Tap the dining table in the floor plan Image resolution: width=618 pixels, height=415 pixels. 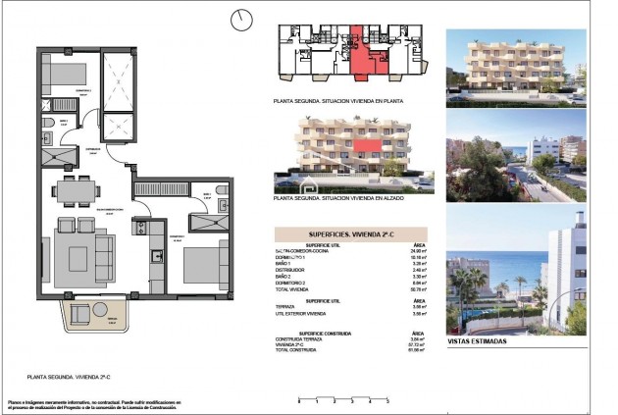coord(76,189)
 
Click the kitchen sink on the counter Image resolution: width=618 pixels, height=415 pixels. coord(156,256)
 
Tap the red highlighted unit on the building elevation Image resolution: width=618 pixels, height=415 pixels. coord(368,146)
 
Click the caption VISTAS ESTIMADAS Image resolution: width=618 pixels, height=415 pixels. coord(477,341)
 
